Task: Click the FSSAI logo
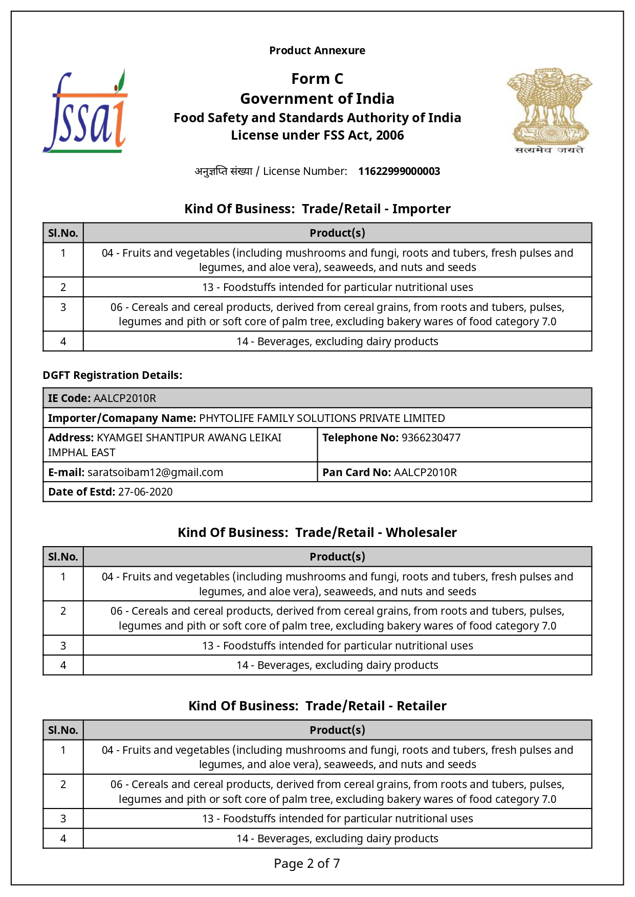click(85, 111)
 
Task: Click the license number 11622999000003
click(399, 171)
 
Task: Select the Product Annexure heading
click(317, 51)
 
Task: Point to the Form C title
click(317, 79)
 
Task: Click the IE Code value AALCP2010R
click(125, 398)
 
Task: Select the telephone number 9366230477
click(431, 438)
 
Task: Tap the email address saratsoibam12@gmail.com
click(155, 473)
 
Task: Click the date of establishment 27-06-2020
click(145, 492)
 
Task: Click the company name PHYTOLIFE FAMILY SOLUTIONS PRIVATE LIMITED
click(322, 418)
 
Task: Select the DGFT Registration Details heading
click(113, 375)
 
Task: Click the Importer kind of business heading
click(317, 209)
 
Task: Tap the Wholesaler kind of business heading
click(317, 533)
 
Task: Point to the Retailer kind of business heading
click(317, 706)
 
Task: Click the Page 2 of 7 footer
click(307, 864)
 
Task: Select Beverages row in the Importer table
click(337, 342)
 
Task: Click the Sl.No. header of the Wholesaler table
click(63, 557)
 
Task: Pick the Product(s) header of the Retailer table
click(337, 730)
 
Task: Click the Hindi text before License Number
click(224, 171)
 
